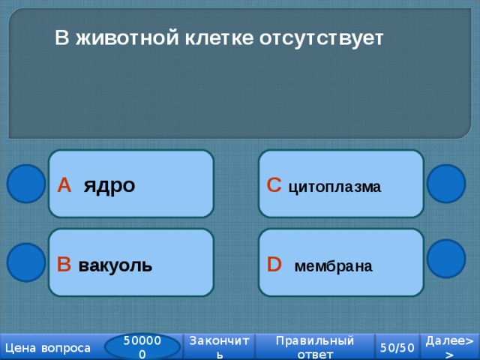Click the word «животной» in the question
[x=127, y=38]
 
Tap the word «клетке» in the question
[x=219, y=38]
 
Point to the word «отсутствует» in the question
[x=322, y=38]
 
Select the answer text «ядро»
[x=109, y=185]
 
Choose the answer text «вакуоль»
[x=115, y=265]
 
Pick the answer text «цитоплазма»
[x=335, y=187]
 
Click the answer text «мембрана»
[x=333, y=266]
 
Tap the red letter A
[x=64, y=185]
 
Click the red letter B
[x=64, y=264]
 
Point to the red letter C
[x=274, y=185]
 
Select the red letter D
[x=274, y=264]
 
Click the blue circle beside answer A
[x=26, y=184]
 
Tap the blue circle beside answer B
[x=26, y=262]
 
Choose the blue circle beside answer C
[x=446, y=184]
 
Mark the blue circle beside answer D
[x=446, y=259]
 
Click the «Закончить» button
[x=219, y=346]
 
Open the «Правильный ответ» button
[x=315, y=346]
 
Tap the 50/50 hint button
[x=397, y=347]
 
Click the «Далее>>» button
[x=450, y=346]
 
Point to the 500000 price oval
[x=142, y=347]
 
